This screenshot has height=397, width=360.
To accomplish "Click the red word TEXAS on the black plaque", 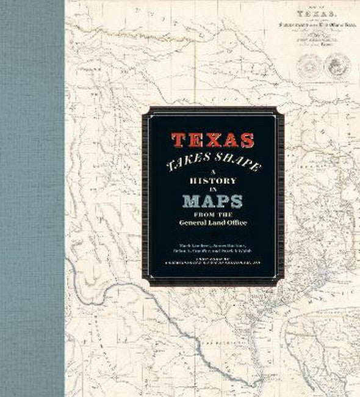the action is (x=212, y=140).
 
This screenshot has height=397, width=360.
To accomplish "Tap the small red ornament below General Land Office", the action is (x=212, y=232).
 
